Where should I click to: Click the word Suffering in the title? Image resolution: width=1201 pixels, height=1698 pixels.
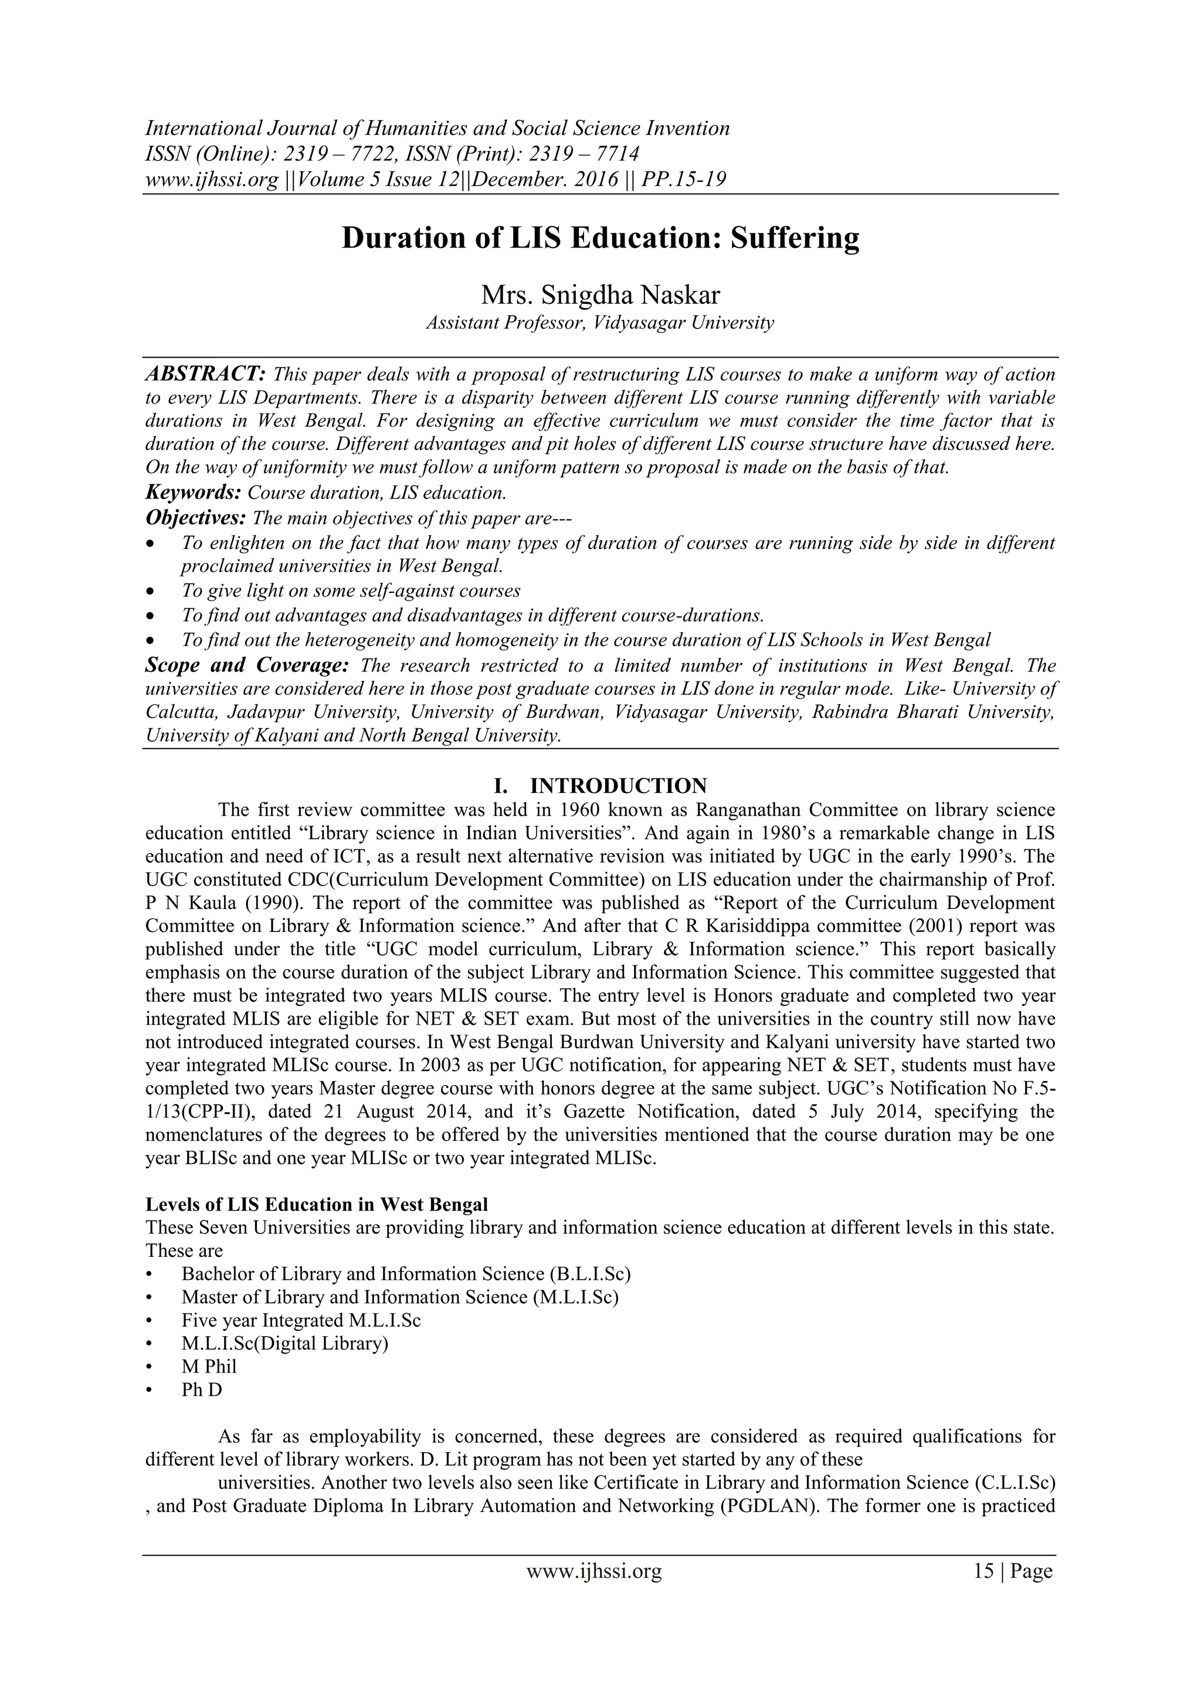pyautogui.click(x=795, y=239)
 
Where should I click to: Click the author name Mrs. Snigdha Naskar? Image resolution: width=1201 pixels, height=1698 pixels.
pyautogui.click(x=600, y=294)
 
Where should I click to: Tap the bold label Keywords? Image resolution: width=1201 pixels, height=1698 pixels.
pyautogui.click(x=193, y=492)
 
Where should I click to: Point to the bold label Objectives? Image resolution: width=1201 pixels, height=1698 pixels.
pyautogui.click(x=195, y=516)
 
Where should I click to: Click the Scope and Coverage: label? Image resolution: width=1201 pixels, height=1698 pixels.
pyautogui.click(x=246, y=665)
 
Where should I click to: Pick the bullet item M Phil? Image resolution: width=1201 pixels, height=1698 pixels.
pyautogui.click(x=209, y=1366)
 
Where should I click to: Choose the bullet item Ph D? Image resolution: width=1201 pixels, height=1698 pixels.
pyautogui.click(x=202, y=1389)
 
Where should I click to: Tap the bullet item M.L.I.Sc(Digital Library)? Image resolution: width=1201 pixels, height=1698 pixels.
pyautogui.click(x=285, y=1343)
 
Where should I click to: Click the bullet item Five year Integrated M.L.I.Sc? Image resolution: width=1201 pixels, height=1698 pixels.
pyautogui.click(x=301, y=1320)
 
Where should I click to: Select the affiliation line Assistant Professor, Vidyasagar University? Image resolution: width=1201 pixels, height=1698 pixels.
pyautogui.click(x=600, y=323)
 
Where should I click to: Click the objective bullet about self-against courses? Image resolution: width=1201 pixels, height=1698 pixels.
pyautogui.click(x=351, y=591)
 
